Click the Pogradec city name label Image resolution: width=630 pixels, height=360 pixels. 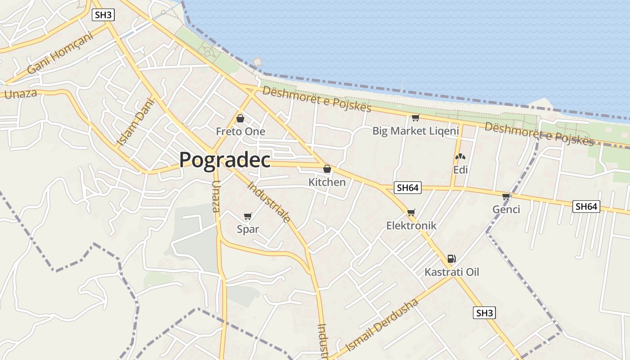[x=225, y=160]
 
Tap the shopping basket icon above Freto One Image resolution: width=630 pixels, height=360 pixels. [x=240, y=118]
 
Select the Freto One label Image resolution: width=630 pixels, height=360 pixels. [x=240, y=131]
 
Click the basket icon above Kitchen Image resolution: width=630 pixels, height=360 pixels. [x=327, y=169]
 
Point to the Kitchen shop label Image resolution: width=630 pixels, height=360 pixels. [x=327, y=182]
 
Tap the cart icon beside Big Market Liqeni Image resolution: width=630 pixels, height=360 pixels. [x=415, y=118]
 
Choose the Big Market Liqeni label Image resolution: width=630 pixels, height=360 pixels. [x=415, y=131]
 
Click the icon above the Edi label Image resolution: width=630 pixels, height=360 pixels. [x=460, y=157]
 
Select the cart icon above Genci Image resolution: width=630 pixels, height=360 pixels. [x=506, y=196]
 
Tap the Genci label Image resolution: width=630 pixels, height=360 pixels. [x=506, y=209]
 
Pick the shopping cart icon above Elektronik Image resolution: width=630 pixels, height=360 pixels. [x=411, y=212]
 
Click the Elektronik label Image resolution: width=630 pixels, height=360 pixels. [x=411, y=225]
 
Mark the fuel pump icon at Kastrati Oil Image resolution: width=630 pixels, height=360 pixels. [x=451, y=259]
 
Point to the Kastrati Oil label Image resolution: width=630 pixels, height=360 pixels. [x=452, y=272]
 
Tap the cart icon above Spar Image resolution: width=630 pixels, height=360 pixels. [x=247, y=216]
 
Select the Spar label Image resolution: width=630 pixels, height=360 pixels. [x=248, y=229]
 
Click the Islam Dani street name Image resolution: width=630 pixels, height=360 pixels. [x=135, y=122]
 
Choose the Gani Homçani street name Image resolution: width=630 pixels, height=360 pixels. [x=59, y=53]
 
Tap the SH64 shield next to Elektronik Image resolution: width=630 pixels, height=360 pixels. [x=408, y=188]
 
